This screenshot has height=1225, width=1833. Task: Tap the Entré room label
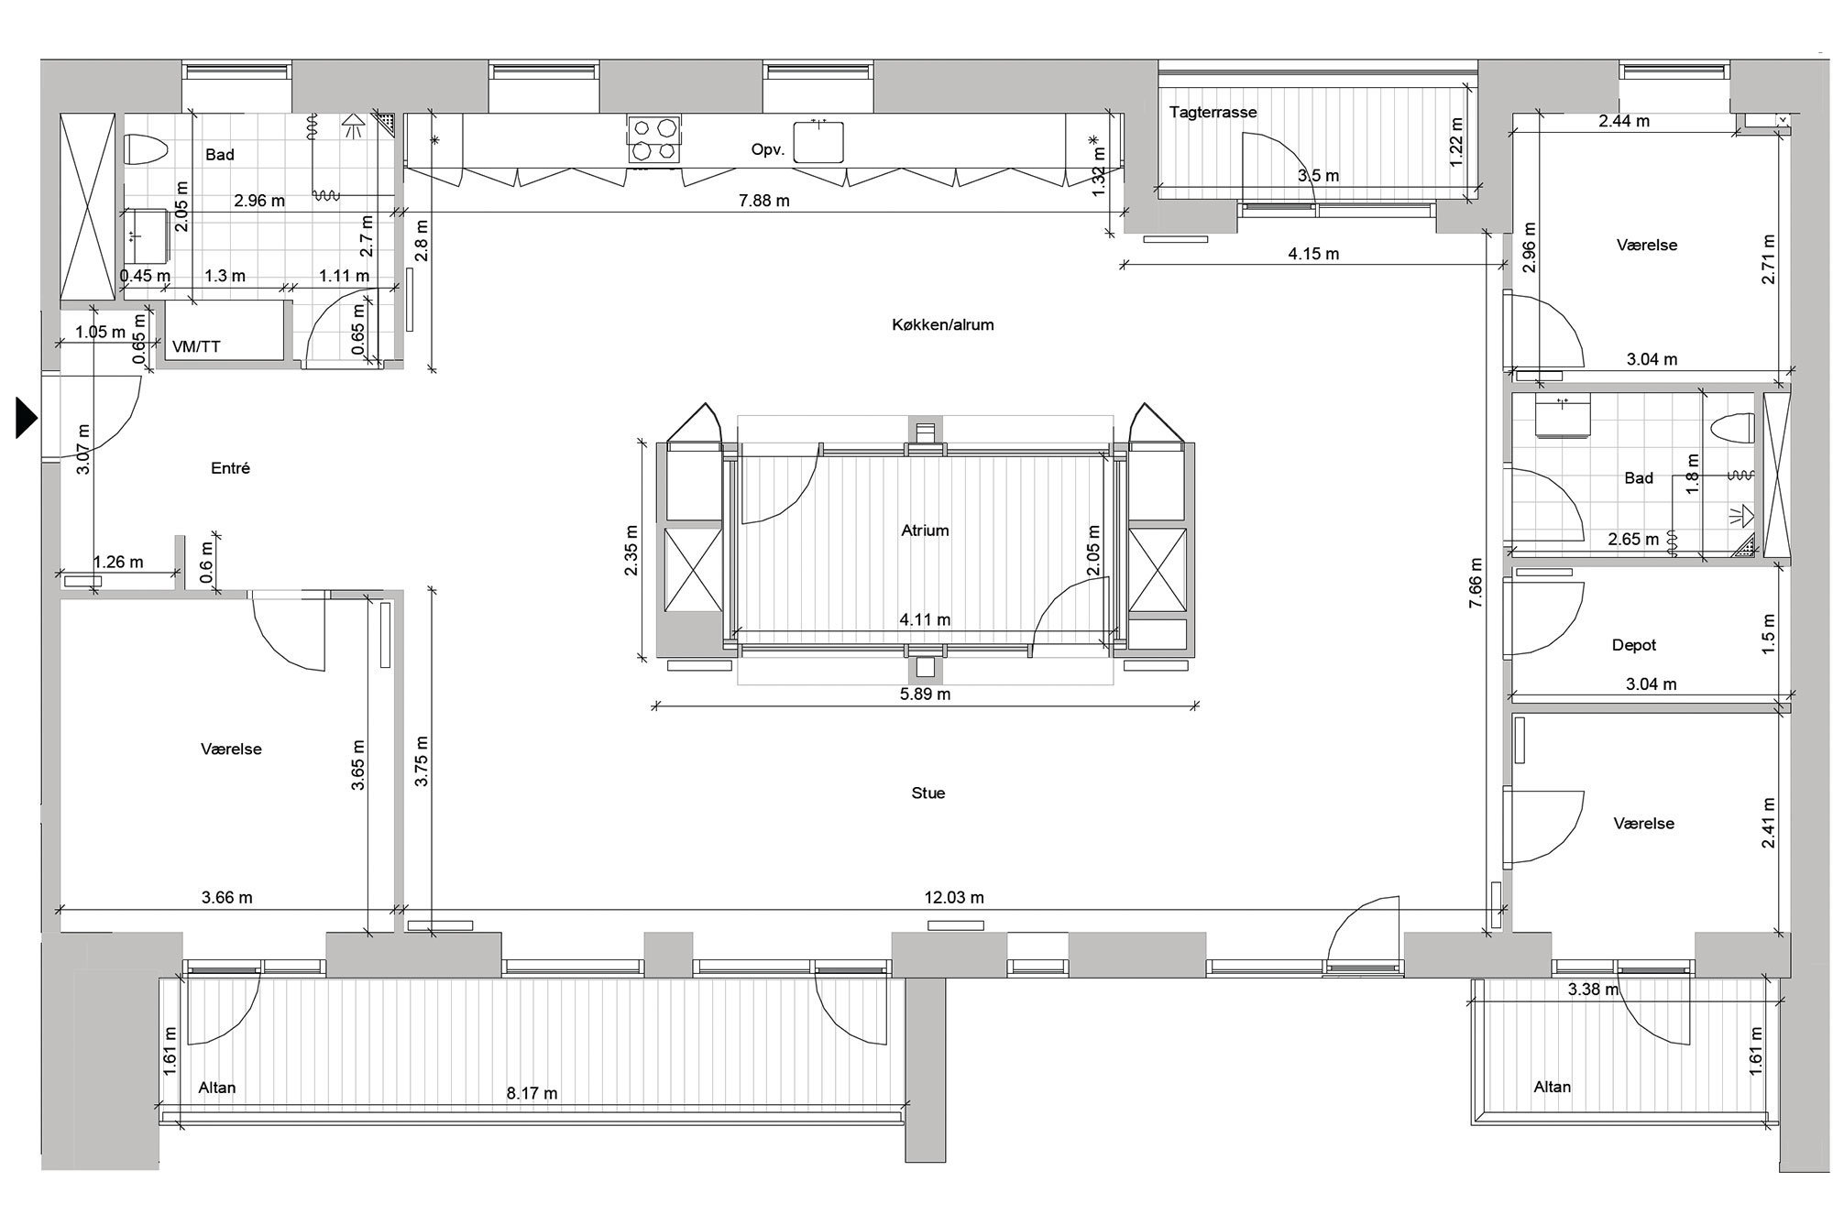(230, 468)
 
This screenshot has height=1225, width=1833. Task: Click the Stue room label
(927, 793)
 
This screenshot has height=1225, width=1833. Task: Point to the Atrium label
(925, 530)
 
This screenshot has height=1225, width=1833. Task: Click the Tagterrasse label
(1213, 113)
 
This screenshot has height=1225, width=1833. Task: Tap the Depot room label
(1634, 645)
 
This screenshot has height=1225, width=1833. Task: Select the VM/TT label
(196, 346)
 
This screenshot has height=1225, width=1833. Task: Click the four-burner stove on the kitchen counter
(654, 139)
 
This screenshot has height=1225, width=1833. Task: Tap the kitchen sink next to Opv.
(818, 140)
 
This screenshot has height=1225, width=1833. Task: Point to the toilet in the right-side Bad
(1732, 429)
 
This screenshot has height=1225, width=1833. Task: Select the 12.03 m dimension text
(953, 898)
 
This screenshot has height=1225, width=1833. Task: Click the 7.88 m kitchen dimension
(763, 201)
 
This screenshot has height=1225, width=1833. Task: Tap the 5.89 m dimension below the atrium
(925, 695)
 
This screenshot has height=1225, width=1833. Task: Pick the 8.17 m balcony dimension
(532, 1093)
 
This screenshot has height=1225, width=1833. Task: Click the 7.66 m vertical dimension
(1475, 591)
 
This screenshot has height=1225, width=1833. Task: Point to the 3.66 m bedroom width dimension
(226, 898)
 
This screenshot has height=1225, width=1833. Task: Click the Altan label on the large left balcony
(217, 1088)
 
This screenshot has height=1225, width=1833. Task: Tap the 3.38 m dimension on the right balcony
(1593, 990)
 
